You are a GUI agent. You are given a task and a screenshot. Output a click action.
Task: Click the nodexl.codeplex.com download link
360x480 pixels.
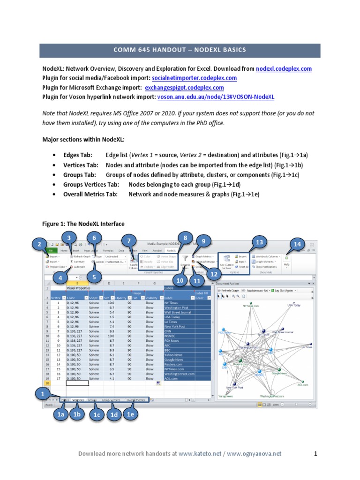284,68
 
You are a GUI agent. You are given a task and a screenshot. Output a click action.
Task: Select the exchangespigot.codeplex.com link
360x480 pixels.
184,87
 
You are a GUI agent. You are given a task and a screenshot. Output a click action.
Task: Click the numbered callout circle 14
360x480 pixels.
297,245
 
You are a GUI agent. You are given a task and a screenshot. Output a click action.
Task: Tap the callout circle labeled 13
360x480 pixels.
258,242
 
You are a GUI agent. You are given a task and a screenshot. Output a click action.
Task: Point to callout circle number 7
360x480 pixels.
129,241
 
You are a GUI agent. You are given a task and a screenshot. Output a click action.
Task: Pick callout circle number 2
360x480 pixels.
40,244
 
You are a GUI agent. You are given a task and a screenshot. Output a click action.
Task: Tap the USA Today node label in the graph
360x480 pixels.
294,305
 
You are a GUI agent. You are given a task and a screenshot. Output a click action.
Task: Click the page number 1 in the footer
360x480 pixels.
316,453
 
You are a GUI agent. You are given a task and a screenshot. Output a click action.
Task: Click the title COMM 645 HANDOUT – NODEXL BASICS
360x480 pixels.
180,50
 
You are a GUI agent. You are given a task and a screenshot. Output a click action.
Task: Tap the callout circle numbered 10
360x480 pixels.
180,280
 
